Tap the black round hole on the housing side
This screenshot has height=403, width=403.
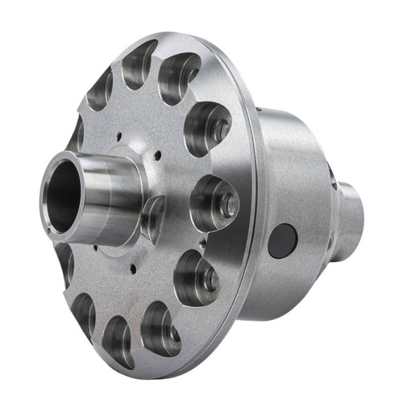click(x=281, y=239)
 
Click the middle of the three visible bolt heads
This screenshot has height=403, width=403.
click(x=229, y=206)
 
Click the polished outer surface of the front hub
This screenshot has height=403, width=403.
click(x=113, y=193)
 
